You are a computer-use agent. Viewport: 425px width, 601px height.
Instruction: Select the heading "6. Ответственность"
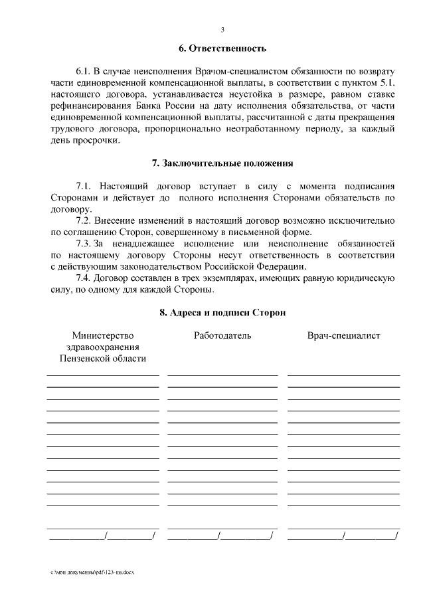pyautogui.click(x=222, y=48)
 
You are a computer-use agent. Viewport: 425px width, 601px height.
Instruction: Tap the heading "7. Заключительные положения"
pyautogui.click(x=222, y=163)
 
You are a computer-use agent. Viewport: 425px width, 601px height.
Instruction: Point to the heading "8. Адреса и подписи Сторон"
pyautogui.click(x=222, y=312)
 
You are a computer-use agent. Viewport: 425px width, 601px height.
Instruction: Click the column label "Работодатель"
pyautogui.click(x=222, y=336)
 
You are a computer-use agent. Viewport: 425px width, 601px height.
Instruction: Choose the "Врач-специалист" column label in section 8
pyautogui.click(x=343, y=336)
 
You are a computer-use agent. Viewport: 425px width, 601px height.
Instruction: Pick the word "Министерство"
pyautogui.click(x=103, y=336)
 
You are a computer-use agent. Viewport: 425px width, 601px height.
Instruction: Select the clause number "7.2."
pyautogui.click(x=84, y=220)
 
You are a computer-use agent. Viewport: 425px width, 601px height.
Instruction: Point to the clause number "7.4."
pyautogui.click(x=84, y=278)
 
